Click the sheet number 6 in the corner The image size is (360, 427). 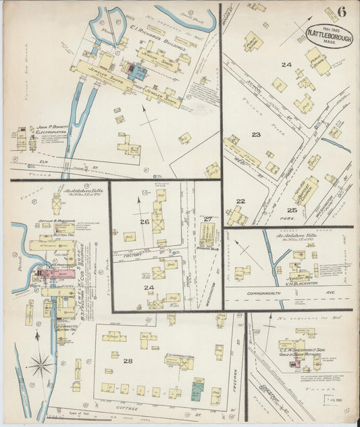pyautogui.click(x=342, y=11)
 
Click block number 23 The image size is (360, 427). pyautogui.click(x=256, y=134)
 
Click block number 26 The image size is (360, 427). pyautogui.click(x=144, y=222)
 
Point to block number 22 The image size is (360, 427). pyautogui.click(x=240, y=201)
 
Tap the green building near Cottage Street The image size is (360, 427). pyautogui.click(x=197, y=388)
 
